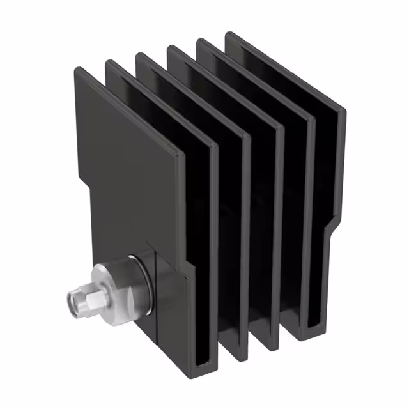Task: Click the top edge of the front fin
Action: (x=128, y=109)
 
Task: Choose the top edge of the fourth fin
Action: (x=224, y=83)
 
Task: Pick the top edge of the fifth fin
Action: (x=256, y=77)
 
